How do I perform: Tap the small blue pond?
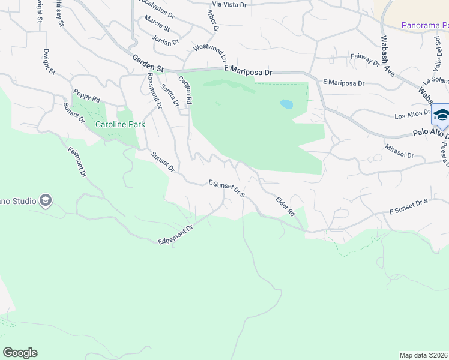click(x=286, y=104)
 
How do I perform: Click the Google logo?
click(x=20, y=353)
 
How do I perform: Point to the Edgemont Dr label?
click(x=175, y=234)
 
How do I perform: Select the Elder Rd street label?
click(x=285, y=206)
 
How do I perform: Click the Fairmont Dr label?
click(x=77, y=162)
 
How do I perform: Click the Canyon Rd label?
click(x=184, y=91)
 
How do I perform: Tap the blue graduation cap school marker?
click(x=441, y=115)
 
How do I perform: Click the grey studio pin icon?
click(x=46, y=200)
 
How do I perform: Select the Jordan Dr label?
click(x=166, y=42)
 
